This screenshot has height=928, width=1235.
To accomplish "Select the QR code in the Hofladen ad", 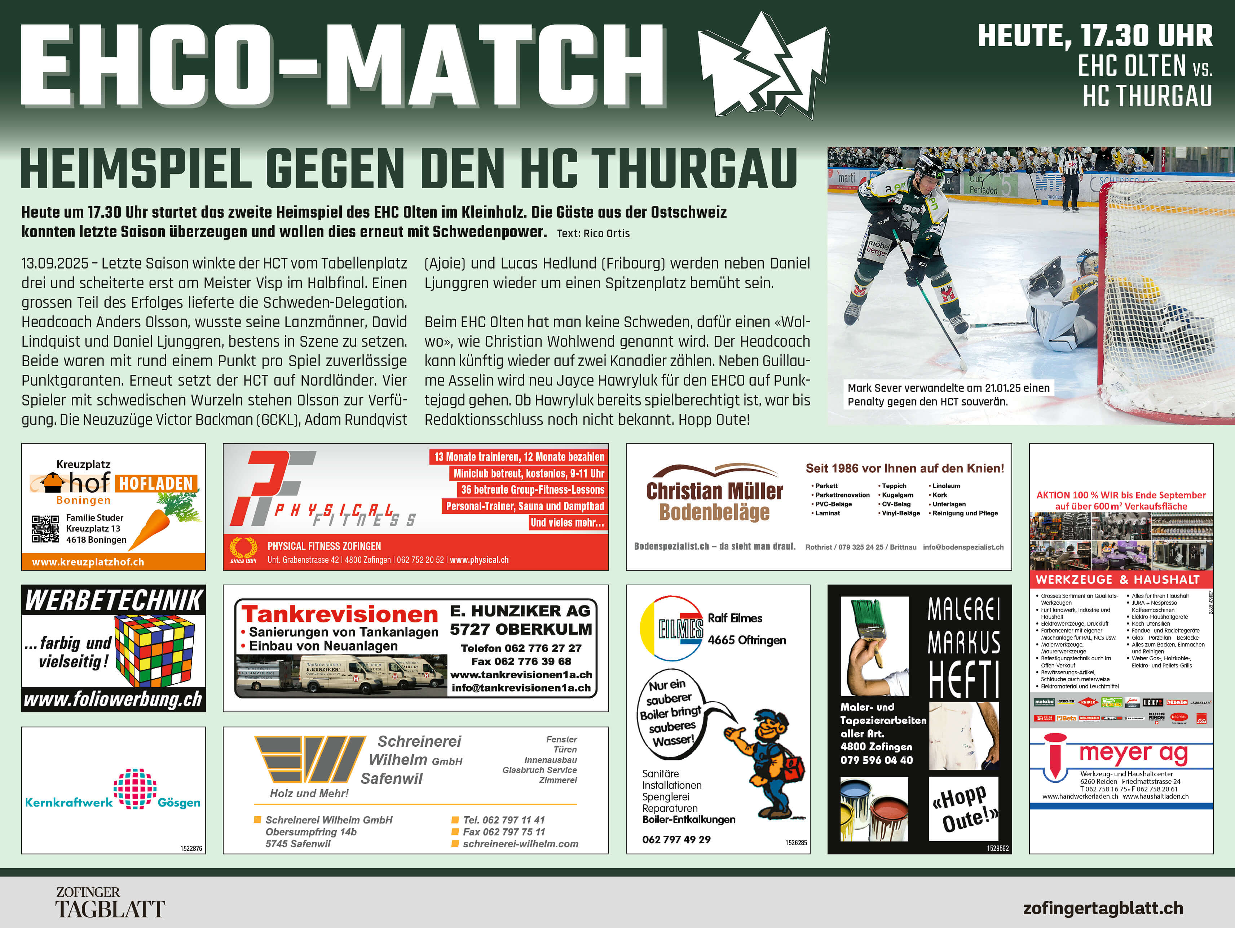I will [x=45, y=529].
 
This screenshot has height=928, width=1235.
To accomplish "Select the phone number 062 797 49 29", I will [x=676, y=839].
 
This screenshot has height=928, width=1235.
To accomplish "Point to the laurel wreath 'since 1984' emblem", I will [x=243, y=549].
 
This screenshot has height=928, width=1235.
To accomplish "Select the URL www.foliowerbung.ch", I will [x=113, y=699].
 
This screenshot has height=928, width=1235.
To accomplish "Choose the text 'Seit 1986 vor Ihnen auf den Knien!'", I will [x=904, y=468].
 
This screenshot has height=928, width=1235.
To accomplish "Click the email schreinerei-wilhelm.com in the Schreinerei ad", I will [x=520, y=844].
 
